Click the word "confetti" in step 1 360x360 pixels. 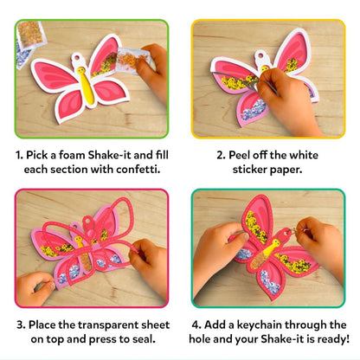(138, 169)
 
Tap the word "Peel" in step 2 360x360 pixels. (239, 155)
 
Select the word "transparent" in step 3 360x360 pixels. (108, 325)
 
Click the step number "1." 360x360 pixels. (19, 155)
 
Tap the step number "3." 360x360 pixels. (21, 325)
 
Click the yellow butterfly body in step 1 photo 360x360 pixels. (86, 85)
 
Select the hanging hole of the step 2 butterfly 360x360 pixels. (261, 55)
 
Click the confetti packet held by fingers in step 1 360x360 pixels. (130, 61)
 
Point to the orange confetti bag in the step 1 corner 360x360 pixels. (31, 34)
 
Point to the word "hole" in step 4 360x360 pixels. (200, 339)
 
